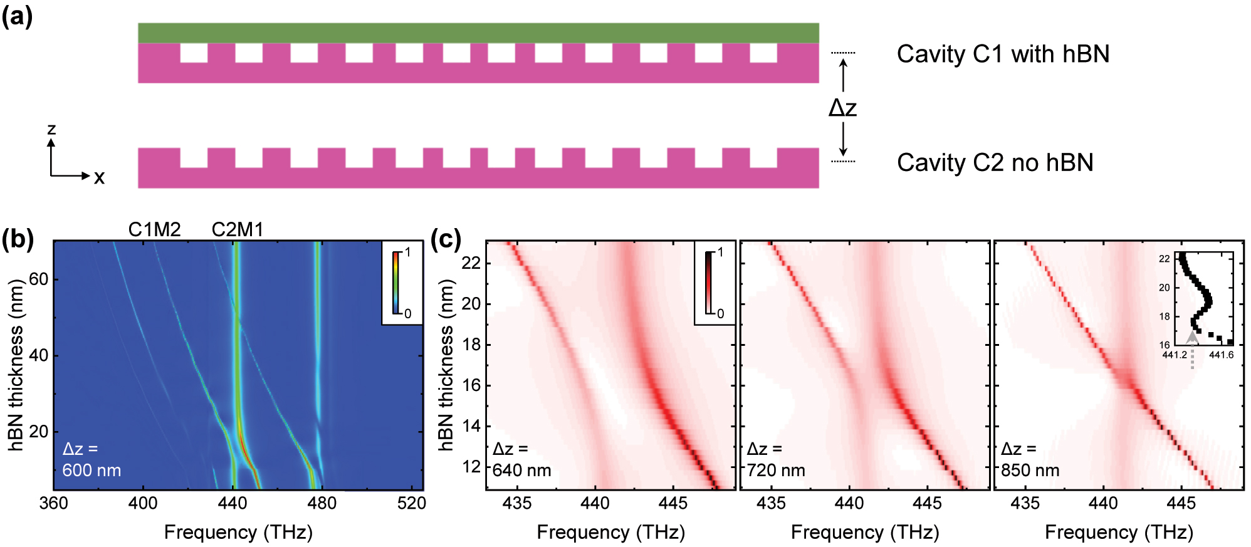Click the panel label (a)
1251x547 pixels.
coord(17,16)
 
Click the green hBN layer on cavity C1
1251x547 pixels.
coord(478,33)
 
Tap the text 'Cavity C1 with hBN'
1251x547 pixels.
coord(1002,55)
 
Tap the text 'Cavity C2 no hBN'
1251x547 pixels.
coord(995,163)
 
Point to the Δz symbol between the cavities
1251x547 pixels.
coord(842,108)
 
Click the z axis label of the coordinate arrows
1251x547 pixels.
coord(51,129)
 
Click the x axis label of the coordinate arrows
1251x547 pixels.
coord(99,178)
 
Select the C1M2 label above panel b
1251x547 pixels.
coord(154,229)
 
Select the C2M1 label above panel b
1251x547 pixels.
coord(237,229)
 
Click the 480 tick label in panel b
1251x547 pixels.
coord(322,503)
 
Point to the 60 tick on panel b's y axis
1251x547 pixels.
coord(38,279)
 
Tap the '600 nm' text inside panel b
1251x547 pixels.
coord(92,470)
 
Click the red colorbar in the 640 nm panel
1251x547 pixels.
coord(709,283)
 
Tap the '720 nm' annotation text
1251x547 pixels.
coord(776,470)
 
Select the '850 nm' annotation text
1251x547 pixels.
coord(1030,470)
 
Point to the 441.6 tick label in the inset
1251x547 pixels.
coord(1221,355)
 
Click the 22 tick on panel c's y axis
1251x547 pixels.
coord(471,263)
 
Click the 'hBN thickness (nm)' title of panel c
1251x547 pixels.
coord(446,365)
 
